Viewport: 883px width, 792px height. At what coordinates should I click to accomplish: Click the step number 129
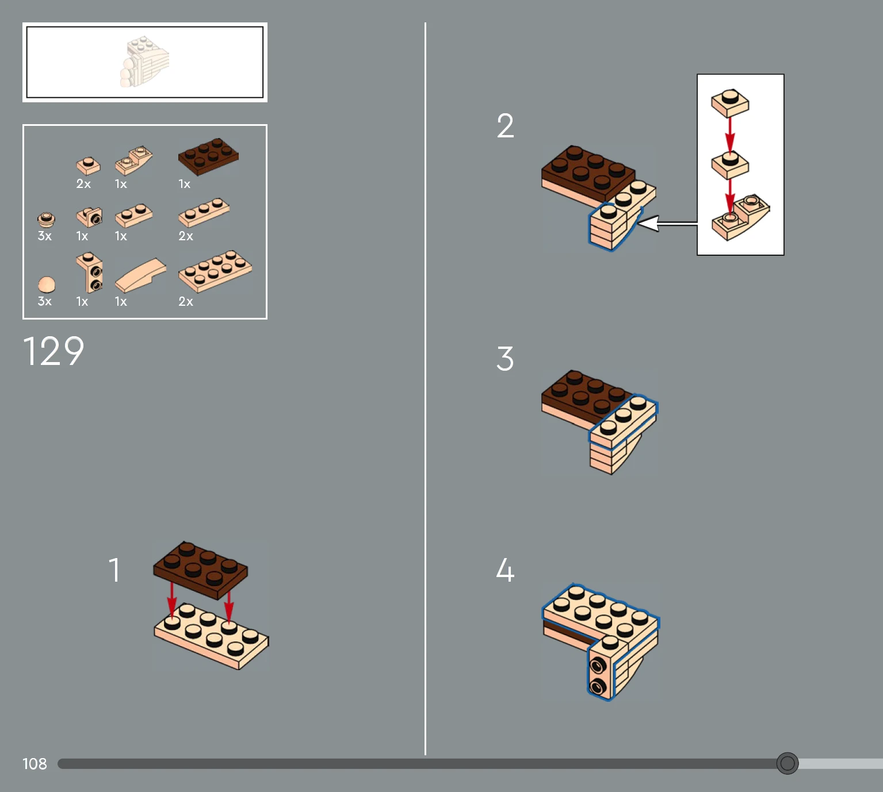click(x=53, y=351)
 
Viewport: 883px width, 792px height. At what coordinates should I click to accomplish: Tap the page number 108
click(x=35, y=764)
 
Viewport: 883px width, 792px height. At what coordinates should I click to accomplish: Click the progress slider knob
click(x=787, y=763)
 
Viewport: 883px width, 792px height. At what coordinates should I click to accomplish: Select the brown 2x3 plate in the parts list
click(x=208, y=156)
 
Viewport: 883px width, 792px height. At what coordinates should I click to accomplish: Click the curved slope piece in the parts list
click(x=140, y=276)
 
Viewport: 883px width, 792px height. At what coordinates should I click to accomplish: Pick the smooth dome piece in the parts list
click(x=47, y=284)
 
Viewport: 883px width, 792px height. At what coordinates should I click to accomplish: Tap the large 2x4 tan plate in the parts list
click(x=215, y=271)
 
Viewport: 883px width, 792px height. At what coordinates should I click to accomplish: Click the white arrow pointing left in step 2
click(x=667, y=224)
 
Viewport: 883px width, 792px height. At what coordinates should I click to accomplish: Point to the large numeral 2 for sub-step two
click(x=505, y=125)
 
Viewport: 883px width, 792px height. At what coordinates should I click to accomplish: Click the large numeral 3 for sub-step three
click(x=505, y=359)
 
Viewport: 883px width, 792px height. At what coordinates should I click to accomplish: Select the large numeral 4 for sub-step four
click(x=505, y=570)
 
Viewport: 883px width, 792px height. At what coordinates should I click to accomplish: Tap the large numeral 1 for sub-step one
click(x=114, y=570)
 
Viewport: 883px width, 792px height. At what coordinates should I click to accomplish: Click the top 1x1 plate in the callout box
click(x=730, y=103)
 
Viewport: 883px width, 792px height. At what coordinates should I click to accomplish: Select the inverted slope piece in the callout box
click(x=740, y=217)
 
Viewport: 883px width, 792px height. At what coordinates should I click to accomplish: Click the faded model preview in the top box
click(x=145, y=62)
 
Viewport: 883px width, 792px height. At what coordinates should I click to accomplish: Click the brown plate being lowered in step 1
click(x=201, y=570)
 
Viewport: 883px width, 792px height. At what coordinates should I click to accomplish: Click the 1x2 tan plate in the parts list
click(x=134, y=215)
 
